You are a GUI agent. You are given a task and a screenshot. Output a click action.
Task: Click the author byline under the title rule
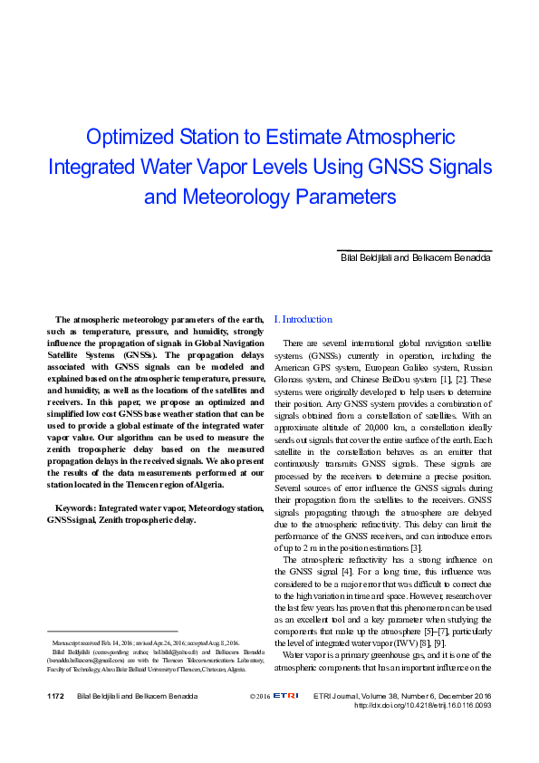415,258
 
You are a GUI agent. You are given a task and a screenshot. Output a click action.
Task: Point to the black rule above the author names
414,250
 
